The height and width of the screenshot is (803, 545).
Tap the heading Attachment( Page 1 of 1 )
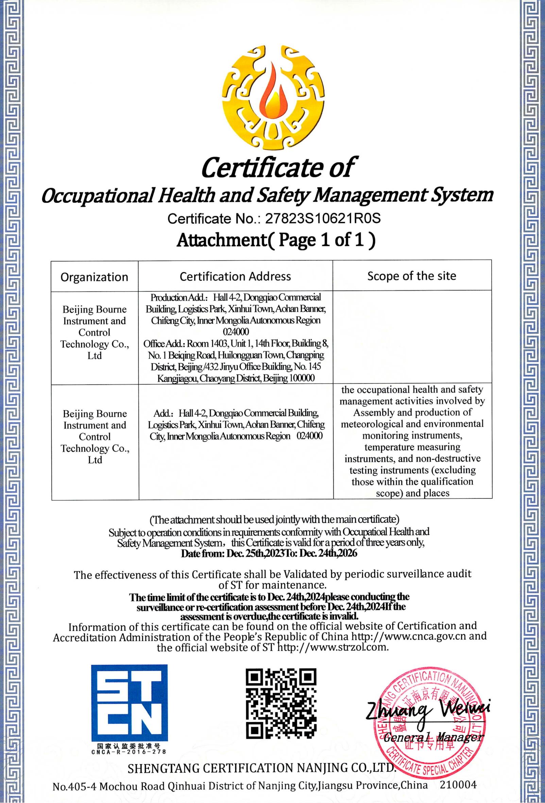point(276,239)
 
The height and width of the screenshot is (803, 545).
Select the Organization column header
point(94,277)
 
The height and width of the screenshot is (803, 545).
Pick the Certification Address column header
point(235,277)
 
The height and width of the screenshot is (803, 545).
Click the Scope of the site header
point(411,276)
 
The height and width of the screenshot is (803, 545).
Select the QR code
point(281,703)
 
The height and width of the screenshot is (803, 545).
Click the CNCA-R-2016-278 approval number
point(129,752)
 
